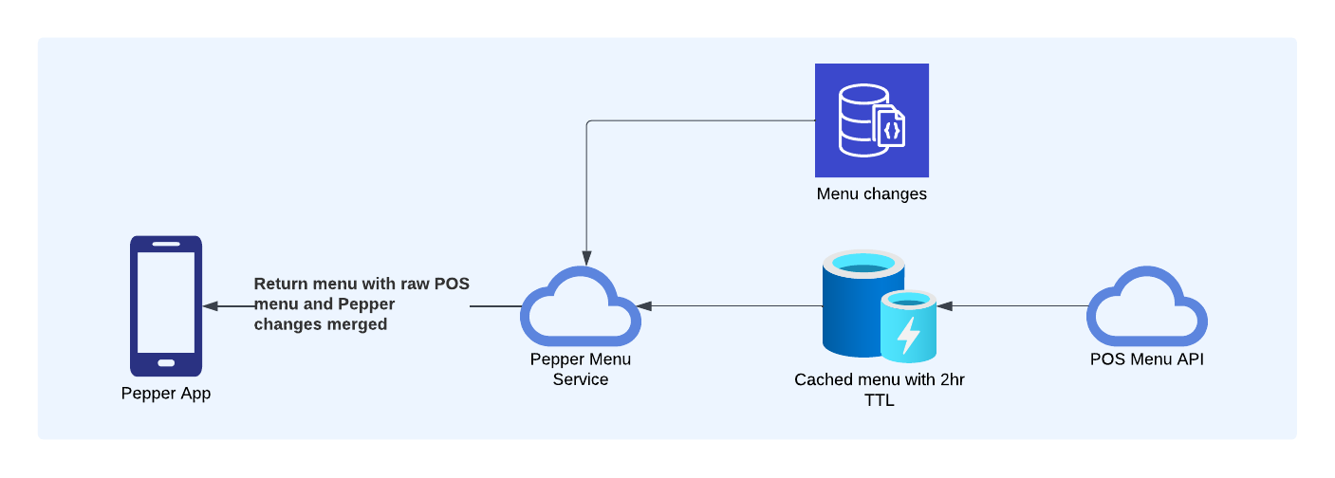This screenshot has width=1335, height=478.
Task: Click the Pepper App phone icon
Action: click(166, 305)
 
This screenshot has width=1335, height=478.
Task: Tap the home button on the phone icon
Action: click(166, 362)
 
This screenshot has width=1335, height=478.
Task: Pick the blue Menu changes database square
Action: click(871, 120)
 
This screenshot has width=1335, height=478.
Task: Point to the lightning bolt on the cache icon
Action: click(909, 335)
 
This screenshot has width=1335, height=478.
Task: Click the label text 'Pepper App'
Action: click(166, 394)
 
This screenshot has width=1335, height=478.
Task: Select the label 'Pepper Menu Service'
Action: click(580, 369)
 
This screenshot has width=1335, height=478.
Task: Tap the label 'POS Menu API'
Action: click(1147, 359)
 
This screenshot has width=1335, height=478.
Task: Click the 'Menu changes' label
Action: click(871, 194)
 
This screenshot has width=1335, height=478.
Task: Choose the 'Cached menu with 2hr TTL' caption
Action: click(879, 390)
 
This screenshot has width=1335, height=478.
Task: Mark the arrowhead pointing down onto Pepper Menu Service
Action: click(586, 258)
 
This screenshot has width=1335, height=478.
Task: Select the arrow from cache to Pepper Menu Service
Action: click(731, 306)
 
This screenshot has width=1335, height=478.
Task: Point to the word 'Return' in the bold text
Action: click(282, 284)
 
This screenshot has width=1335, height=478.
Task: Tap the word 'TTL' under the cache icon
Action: click(879, 400)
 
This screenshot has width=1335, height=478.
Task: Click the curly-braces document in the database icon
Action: click(891, 128)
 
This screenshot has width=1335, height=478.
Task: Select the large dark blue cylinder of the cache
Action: click(854, 303)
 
